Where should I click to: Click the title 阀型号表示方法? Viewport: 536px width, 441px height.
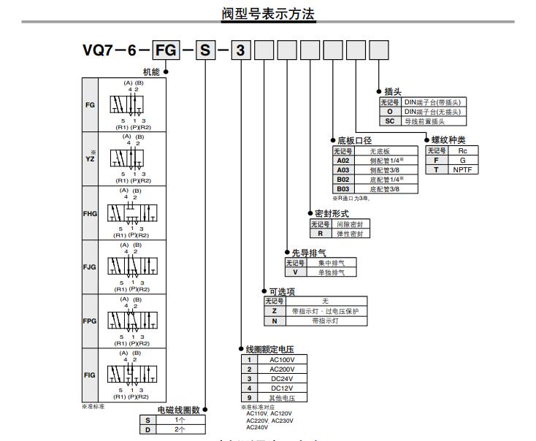pyautogui.click(x=268, y=13)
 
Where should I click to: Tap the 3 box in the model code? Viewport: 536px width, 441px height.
pyautogui.click(x=242, y=51)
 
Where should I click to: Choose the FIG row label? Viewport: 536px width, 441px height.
pyautogui.click(x=90, y=375)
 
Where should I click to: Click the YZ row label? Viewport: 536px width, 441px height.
pyautogui.click(x=90, y=158)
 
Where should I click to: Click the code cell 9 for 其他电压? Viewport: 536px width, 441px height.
pyautogui.click(x=249, y=397)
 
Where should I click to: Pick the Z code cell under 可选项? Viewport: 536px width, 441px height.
pyautogui.click(x=274, y=311)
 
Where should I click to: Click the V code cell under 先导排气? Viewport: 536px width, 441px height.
pyautogui.click(x=295, y=272)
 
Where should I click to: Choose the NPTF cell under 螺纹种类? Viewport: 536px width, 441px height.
pyautogui.click(x=462, y=169)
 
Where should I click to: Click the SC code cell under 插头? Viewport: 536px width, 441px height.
pyautogui.click(x=390, y=121)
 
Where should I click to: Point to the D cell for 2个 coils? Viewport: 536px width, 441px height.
pyautogui.click(x=148, y=429)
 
